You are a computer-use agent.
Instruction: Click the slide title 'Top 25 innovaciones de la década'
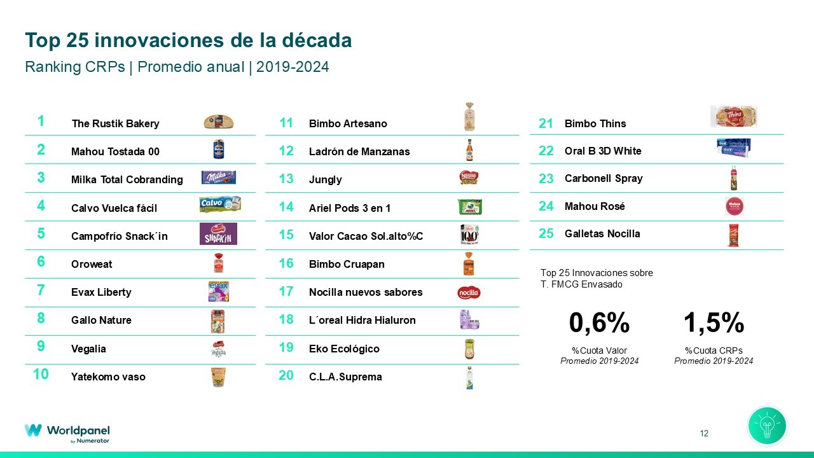188,41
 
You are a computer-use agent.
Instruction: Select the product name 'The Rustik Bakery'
115,123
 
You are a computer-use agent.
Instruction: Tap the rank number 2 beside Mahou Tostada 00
41,149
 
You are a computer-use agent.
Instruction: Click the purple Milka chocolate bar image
218,177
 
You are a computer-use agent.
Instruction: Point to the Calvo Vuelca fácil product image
219,204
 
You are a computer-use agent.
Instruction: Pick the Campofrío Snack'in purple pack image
218,233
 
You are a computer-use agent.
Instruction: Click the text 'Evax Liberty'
101,292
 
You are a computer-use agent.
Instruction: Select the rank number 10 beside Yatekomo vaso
41,374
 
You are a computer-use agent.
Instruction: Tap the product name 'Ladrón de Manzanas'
359,151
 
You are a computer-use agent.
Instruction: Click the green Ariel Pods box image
469,207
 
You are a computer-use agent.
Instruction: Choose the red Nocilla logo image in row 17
469,293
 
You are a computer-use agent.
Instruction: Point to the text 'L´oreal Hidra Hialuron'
362,320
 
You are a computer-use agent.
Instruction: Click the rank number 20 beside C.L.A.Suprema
286,375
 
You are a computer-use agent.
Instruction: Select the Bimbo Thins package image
733,116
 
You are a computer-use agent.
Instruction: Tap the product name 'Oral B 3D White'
603,151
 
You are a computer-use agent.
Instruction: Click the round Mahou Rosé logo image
734,206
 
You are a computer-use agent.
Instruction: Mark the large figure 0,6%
599,323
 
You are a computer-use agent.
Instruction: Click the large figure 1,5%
714,323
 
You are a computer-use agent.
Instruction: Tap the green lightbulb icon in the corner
767,426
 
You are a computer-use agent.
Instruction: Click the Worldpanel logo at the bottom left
67,432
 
